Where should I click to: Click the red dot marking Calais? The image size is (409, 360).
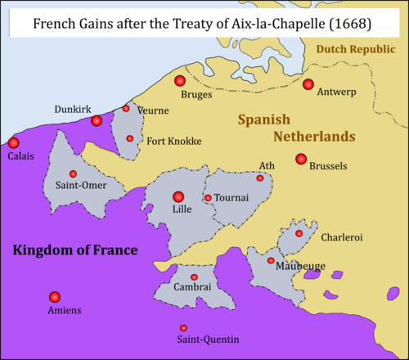[x=14, y=142]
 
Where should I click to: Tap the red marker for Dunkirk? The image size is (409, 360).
[x=97, y=121]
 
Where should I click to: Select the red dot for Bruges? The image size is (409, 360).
[x=180, y=80]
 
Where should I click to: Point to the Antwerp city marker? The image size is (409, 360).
[x=308, y=84]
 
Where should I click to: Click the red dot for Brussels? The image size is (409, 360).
[x=301, y=158]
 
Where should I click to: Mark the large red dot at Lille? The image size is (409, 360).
[x=178, y=196]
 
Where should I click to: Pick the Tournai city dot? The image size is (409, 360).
[x=208, y=198]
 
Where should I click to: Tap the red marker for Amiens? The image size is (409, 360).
[x=54, y=296]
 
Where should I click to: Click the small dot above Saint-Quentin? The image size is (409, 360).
[x=182, y=327]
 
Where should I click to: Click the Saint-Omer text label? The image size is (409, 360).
[x=73, y=187]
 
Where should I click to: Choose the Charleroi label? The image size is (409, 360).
[x=341, y=237]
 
